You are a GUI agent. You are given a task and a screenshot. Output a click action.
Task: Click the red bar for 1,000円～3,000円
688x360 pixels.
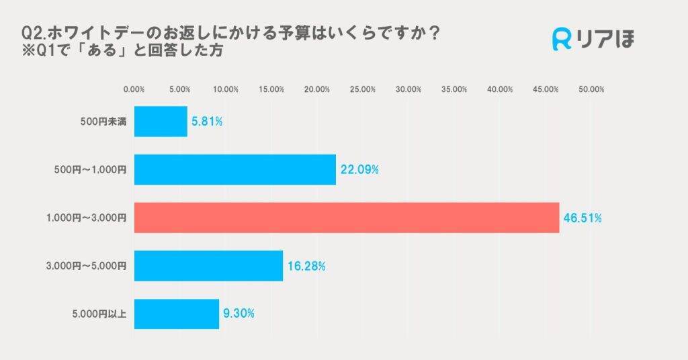[x=347, y=218]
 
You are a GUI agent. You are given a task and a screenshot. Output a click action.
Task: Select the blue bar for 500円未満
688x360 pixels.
[x=161, y=122]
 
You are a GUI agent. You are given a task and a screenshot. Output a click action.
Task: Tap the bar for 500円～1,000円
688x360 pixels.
[x=235, y=170]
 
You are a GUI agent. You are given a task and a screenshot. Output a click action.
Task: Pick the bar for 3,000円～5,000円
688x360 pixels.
[x=208, y=266]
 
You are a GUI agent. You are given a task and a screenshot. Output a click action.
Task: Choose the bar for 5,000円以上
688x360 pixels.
[x=177, y=314]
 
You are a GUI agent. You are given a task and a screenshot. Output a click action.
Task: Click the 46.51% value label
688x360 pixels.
[x=582, y=218]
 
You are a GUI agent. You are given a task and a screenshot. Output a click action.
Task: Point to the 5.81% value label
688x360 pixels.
[x=208, y=122]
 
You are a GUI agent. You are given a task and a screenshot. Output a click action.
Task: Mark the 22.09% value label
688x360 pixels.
[x=359, y=170]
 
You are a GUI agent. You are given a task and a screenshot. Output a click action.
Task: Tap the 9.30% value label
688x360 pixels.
[x=239, y=314]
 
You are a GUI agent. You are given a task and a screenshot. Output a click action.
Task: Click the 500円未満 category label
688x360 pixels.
[x=103, y=122]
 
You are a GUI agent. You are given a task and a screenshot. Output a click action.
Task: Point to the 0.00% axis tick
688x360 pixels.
[x=134, y=89]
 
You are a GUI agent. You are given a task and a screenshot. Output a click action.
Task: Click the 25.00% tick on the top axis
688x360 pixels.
[x=363, y=89]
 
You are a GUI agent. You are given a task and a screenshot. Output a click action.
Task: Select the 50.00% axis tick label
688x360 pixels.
[x=591, y=89]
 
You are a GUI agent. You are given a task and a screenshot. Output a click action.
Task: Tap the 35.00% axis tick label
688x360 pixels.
[x=454, y=89]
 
